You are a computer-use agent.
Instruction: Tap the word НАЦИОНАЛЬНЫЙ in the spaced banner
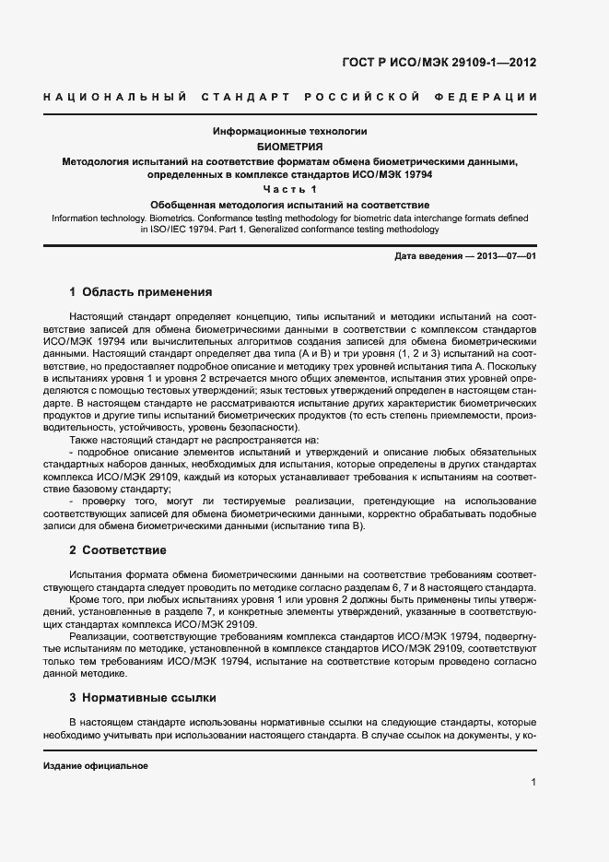coord(116,97)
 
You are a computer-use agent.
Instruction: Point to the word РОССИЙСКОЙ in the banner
coord(362,97)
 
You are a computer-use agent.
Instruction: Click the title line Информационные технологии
coord(290,132)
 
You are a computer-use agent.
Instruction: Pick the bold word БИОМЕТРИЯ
coord(290,147)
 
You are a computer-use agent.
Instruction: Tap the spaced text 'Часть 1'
coord(290,189)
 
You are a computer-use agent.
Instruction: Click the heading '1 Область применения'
coord(140,292)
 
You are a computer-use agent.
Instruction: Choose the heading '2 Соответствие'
coord(117,550)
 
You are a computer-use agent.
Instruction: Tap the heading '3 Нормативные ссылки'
coord(142,698)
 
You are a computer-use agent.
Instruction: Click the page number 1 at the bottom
coord(533,782)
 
